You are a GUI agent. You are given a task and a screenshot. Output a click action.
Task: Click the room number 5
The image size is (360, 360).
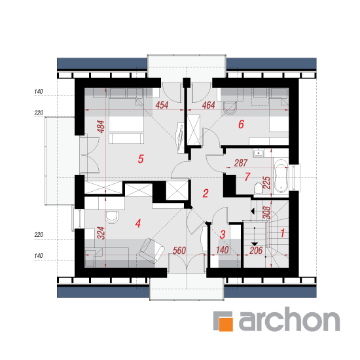141,158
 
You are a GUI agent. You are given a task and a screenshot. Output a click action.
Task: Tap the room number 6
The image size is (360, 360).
241,124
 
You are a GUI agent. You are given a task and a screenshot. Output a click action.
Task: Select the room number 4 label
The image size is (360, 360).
137,223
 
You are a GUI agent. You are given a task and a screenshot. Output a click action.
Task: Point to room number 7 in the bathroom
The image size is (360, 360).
247,177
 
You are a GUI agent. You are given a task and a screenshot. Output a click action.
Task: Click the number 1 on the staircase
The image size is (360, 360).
283,233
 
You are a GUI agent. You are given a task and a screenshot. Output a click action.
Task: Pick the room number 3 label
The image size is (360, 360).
223,234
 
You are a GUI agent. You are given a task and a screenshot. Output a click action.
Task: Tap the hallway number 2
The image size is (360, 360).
206,193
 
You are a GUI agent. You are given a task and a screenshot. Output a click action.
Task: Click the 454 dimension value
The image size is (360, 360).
162,105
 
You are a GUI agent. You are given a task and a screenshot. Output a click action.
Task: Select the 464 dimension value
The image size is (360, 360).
208,105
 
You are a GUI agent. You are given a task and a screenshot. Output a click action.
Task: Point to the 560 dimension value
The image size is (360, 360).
179,251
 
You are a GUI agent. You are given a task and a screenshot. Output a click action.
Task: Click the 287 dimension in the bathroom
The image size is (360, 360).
241,163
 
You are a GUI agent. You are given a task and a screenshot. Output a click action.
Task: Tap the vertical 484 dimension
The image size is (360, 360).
101,127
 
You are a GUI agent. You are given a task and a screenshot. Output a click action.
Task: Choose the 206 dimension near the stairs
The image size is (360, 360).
256,251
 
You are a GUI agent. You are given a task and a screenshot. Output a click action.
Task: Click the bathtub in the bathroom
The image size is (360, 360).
281,175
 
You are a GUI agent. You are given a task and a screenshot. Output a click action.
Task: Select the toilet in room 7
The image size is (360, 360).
259,189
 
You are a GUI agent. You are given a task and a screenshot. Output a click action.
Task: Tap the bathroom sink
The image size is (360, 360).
259,153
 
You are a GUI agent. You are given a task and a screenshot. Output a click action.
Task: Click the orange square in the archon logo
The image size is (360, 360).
226,324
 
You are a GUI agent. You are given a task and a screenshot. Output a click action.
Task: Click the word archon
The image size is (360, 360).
289,319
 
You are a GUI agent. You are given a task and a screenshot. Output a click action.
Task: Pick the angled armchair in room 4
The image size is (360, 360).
151,251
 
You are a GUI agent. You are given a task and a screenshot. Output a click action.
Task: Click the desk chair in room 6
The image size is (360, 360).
230,109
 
